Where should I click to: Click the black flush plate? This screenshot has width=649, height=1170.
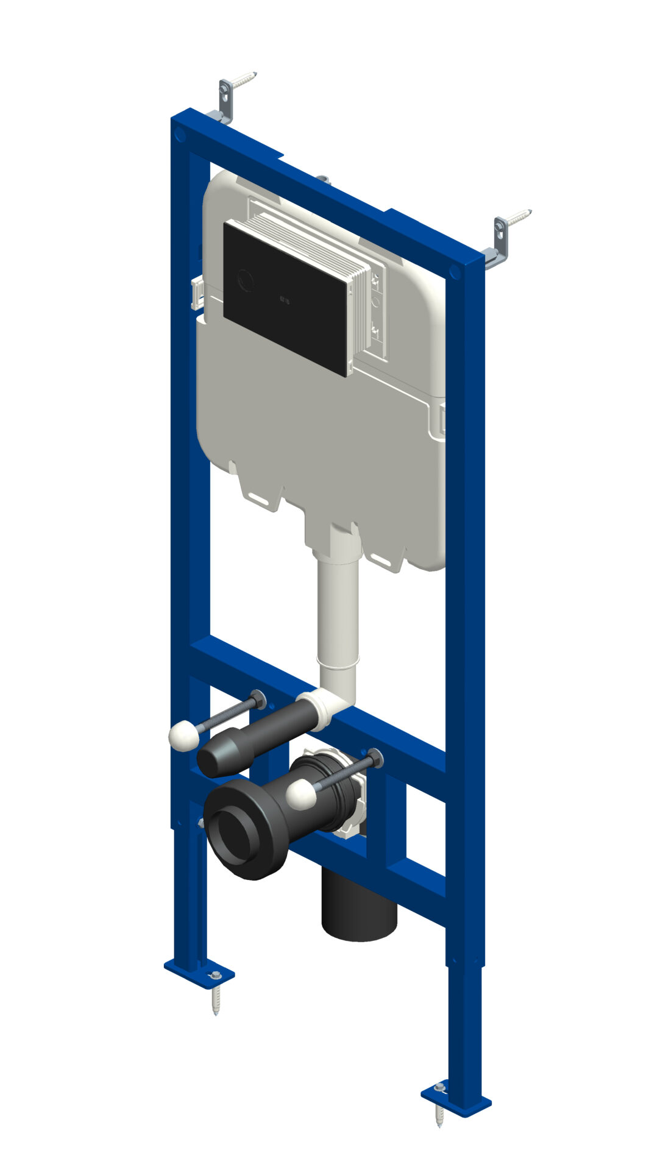[286, 299]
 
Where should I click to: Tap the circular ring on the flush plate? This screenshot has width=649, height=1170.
[246, 281]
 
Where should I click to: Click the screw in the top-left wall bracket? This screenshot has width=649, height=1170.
[244, 79]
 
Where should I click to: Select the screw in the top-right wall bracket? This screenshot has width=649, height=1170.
[520, 218]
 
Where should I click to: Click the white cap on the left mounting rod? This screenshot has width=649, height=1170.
[184, 736]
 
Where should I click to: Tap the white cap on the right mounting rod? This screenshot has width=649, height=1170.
[301, 795]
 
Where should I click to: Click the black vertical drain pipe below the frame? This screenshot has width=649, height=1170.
[359, 908]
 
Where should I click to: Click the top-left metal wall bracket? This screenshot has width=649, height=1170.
[225, 101]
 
